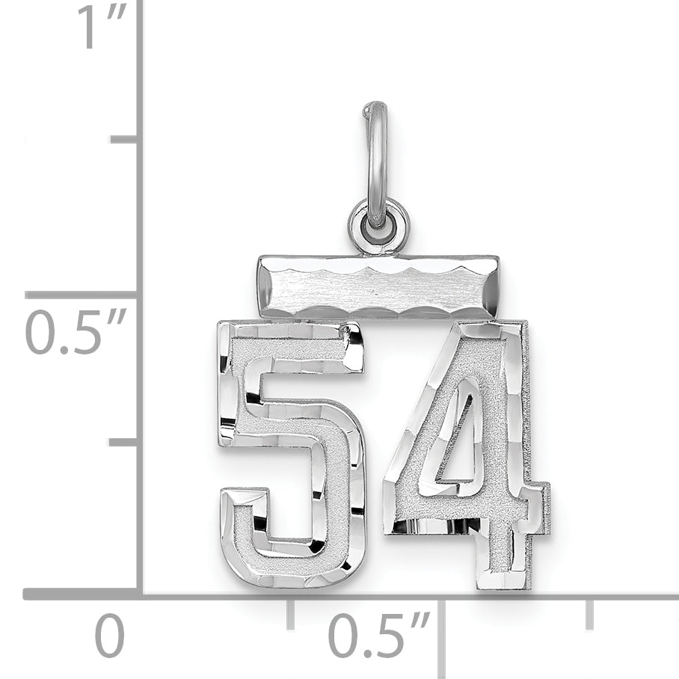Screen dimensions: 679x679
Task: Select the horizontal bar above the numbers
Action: pos(378,286)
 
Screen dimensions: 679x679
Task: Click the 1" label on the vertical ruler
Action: pos(101,28)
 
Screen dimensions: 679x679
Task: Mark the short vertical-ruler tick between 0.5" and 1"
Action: pos(123,139)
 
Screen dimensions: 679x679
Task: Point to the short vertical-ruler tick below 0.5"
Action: pos(123,443)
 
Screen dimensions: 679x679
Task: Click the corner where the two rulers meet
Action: pos(139,594)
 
